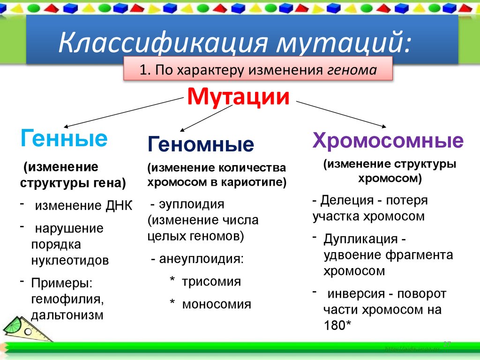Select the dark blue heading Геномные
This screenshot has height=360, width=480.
[201, 144]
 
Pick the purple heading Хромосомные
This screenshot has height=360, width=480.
[388, 140]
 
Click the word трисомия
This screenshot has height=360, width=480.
[211, 282]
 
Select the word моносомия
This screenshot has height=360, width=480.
[217, 304]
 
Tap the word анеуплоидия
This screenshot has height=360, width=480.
[201, 259]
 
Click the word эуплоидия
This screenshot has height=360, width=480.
[192, 204]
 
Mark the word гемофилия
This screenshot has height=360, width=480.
[67, 299]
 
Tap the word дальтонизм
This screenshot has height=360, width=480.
[67, 315]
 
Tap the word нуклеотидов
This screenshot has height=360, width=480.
[70, 260]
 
